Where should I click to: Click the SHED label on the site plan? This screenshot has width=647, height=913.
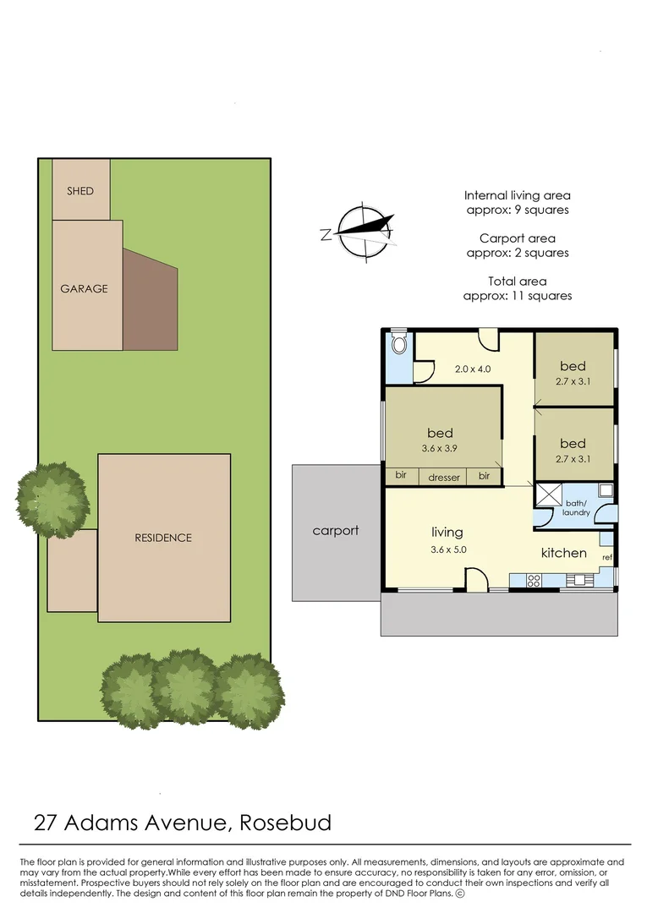[x=80, y=191]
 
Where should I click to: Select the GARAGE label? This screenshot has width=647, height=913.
[x=84, y=288]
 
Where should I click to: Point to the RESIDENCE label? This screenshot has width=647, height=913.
[x=163, y=538]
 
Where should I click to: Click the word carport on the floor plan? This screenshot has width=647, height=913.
[x=336, y=531]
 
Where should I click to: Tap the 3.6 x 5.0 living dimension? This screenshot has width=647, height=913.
[x=447, y=549]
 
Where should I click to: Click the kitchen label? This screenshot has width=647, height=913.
[x=564, y=553]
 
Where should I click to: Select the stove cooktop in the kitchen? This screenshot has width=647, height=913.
[x=534, y=580]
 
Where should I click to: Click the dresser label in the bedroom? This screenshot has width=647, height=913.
[x=444, y=478]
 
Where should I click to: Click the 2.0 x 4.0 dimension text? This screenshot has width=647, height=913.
[x=473, y=369]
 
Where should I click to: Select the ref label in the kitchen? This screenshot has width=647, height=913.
[x=606, y=558]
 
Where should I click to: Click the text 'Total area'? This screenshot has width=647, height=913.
[x=518, y=282]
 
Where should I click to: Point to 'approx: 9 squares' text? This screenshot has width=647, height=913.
[x=518, y=210]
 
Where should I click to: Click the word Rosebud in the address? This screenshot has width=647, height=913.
[x=286, y=822]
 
